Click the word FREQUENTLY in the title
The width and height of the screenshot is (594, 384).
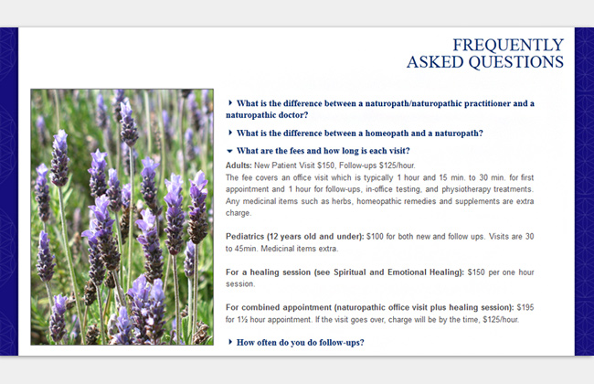(508, 45)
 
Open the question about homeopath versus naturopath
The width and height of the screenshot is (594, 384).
(359, 133)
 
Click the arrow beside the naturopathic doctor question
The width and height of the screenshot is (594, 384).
(230, 102)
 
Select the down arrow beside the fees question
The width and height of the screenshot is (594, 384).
(229, 151)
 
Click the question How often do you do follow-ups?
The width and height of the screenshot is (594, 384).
(300, 342)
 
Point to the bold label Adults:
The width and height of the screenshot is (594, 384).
(239, 165)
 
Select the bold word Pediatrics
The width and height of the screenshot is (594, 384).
(245, 236)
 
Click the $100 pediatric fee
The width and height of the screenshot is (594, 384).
(375, 236)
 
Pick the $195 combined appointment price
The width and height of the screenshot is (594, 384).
(525, 307)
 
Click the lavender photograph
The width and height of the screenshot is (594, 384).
(122, 217)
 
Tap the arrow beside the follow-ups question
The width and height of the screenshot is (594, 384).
(230, 342)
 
